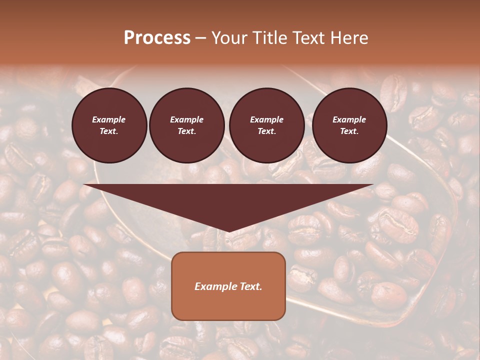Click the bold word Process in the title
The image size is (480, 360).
click(x=157, y=38)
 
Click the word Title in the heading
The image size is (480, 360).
click(x=269, y=38)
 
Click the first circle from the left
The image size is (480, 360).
click(x=109, y=125)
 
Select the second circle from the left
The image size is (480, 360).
click(x=187, y=125)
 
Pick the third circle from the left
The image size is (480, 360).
click(x=267, y=125)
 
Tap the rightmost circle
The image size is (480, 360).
click(x=349, y=125)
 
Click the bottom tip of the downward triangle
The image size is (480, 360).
click(x=228, y=231)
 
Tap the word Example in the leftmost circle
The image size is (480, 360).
click(x=109, y=119)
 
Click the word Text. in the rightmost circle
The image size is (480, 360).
click(x=349, y=131)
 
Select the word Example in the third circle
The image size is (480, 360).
click(x=267, y=119)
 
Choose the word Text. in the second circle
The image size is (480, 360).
click(x=187, y=131)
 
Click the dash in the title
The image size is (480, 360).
click(x=200, y=38)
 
